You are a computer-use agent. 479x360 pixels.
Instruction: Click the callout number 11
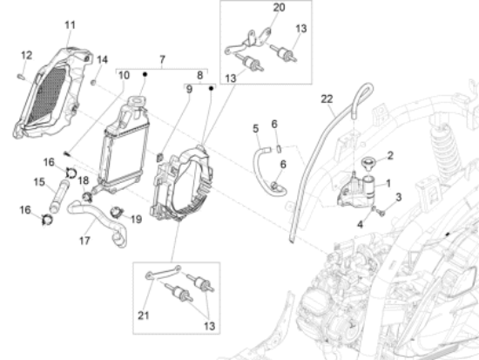coord(71,24)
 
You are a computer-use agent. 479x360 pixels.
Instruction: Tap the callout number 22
coord(327,99)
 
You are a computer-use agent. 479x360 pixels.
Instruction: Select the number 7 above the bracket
coord(162,59)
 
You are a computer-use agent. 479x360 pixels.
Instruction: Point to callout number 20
coord(279,7)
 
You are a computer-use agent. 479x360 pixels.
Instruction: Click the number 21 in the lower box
coord(144,316)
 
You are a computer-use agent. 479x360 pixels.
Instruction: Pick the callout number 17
coord(84,241)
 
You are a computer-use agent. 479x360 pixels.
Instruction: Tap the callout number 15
coord(39,182)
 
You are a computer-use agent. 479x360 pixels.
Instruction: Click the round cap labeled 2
coord(368,162)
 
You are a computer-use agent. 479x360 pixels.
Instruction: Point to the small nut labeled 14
coord(94,82)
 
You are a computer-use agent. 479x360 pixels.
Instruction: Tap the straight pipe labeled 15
coord(59,196)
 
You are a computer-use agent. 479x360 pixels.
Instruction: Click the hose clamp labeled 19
coord(117,212)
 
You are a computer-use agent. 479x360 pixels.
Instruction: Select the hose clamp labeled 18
coord(87,196)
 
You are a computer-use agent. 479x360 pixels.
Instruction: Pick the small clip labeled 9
coord(159,158)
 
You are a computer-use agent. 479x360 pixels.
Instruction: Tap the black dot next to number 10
coord(145,74)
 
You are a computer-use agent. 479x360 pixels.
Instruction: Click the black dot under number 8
coord(211,88)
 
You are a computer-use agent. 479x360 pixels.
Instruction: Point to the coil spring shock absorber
coord(445,146)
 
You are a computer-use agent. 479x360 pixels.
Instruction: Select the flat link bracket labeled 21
coord(164,273)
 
